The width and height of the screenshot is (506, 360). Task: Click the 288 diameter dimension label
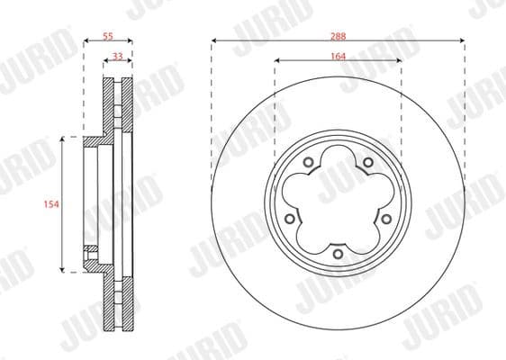coord(338,35)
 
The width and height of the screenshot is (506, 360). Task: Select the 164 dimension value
coord(338,55)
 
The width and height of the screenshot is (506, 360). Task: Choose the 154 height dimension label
coord(50,205)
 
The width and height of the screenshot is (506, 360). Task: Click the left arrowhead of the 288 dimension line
coord(214,41)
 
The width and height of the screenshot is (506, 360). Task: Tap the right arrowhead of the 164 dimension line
coord(399,61)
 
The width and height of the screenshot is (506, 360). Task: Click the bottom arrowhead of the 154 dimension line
coord(62,269)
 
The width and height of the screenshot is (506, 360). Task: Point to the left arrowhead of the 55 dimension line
coord(86,41)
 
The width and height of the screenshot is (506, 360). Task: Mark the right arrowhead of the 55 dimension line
coord(131,41)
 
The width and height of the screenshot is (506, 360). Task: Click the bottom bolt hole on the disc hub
coord(338,254)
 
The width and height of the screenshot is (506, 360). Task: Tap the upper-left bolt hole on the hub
coord(308,162)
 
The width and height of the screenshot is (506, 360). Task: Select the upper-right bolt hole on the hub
coord(368,162)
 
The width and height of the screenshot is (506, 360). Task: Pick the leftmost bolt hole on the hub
coord(289,219)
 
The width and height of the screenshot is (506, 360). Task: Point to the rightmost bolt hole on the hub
coord(386,219)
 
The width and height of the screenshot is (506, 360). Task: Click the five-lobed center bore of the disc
coord(338,202)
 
